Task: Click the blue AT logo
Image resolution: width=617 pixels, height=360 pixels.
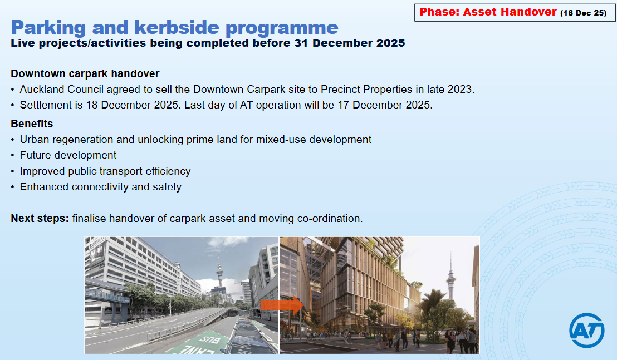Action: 587,331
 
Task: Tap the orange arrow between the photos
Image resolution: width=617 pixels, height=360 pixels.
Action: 282,305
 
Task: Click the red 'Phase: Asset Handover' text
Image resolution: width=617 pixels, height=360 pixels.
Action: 488,12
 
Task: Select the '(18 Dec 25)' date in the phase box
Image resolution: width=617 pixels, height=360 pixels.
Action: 584,13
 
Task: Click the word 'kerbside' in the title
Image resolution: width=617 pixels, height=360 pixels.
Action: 177,28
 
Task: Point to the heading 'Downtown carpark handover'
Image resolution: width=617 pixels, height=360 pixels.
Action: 85,74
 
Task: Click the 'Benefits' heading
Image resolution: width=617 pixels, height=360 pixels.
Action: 32,124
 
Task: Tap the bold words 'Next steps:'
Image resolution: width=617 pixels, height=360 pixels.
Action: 40,219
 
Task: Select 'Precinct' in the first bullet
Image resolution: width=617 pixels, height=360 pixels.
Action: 340,90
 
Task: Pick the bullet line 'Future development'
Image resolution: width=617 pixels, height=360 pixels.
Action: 68,155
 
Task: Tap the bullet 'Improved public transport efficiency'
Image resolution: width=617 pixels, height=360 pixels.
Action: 105,171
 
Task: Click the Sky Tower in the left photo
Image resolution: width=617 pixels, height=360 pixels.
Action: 219,275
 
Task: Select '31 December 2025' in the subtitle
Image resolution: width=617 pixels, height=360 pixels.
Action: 350,43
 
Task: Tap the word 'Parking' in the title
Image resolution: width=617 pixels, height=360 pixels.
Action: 48,28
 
